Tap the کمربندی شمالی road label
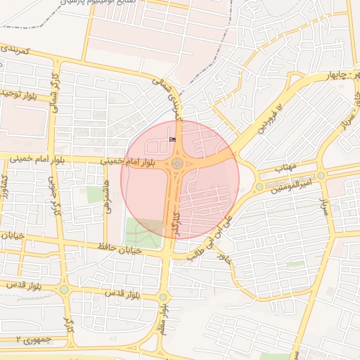click(x=170, y=99)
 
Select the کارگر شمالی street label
click(x=55, y=92)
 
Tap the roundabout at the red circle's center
click(x=177, y=164)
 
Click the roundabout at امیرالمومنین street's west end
click(x=259, y=186)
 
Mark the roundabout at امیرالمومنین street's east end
click(x=321, y=175)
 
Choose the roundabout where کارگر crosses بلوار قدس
click(x=64, y=289)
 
